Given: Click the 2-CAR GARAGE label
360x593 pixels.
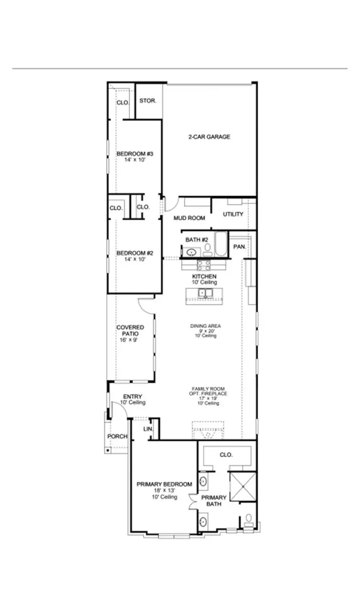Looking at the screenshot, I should coord(210,137).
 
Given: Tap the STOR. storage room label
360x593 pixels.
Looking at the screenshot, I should coord(148,101).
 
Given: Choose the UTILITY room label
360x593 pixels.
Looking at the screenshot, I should coord(233,214).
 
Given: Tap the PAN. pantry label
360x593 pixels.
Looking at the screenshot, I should coord(240,246).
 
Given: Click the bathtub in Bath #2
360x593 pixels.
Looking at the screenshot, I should coord(220,245).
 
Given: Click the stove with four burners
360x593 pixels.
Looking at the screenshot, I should coord(203,265).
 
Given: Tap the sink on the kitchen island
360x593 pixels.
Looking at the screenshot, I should coord(205,292).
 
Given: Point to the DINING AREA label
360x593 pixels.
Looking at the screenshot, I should coord(206,326).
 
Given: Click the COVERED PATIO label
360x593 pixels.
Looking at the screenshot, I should coord(130,330).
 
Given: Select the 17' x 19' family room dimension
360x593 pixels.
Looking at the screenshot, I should coord(206,398).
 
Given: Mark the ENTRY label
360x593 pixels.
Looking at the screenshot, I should coord(132,397).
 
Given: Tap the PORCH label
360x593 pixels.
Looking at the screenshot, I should coord(117,436).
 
